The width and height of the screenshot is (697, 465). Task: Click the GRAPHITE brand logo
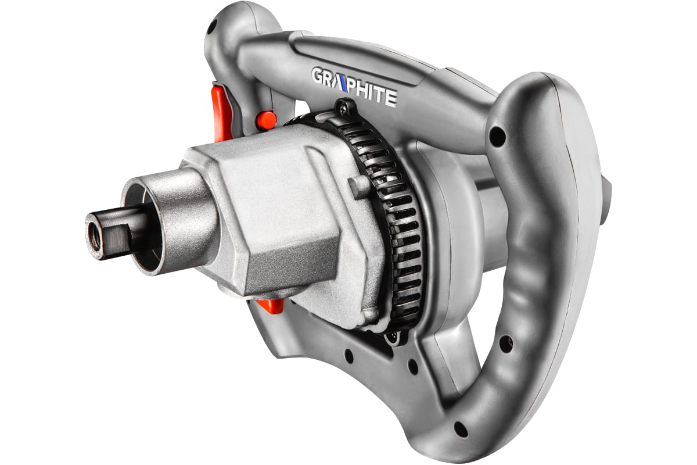354,88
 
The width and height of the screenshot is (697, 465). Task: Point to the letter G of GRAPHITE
317,76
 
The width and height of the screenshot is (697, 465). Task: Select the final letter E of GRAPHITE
391,98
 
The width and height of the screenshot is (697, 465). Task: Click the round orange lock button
266,120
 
